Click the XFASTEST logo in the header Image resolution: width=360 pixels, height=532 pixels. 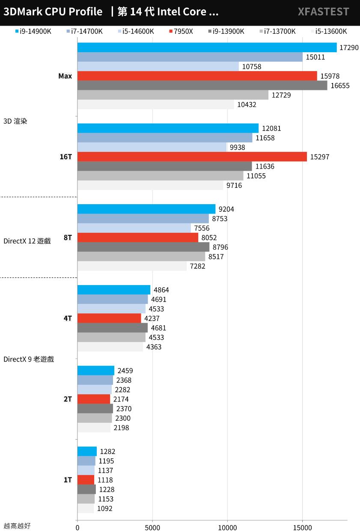[323, 12]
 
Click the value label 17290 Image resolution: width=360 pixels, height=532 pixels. [348, 48]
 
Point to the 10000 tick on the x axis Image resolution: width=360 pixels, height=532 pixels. [227, 527]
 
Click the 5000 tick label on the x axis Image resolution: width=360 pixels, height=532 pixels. [152, 527]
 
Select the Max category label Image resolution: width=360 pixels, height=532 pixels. [65, 76]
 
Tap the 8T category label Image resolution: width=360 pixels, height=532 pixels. [68, 238]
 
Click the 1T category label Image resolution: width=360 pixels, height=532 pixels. [68, 480]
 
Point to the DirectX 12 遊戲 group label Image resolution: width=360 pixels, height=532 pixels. [27, 241]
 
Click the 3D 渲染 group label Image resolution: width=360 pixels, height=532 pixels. [15, 121]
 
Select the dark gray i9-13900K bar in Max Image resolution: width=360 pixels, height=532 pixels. [202, 86]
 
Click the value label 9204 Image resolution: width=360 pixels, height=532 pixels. [226, 209]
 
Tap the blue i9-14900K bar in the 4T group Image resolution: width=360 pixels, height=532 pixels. [113, 290]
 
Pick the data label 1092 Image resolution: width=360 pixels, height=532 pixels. [105, 508]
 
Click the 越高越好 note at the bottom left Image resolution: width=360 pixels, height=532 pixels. [17, 526]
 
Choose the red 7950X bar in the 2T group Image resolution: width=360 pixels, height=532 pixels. [93, 399]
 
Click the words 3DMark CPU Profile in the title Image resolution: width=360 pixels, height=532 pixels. [53, 12]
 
